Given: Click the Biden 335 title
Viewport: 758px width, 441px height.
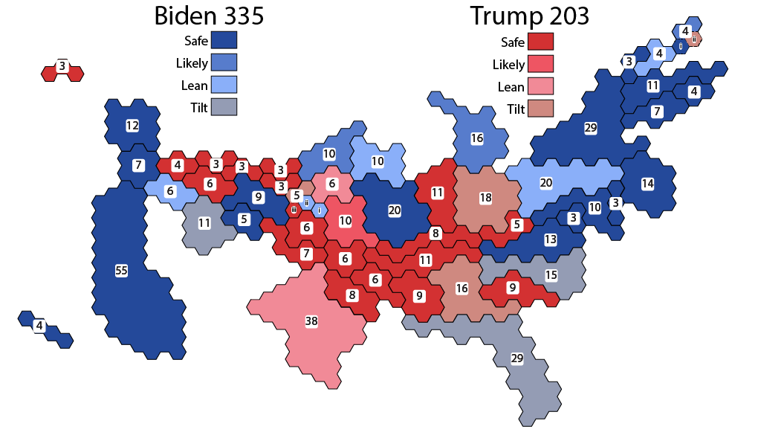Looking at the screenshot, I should pos(208,16).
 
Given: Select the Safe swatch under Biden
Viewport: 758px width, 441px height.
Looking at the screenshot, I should pos(224,40).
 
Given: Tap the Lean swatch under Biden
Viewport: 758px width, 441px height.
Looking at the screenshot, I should pos(224,85).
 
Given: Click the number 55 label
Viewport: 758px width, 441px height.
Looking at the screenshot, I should pos(121,271).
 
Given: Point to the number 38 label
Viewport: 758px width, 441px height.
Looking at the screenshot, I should pos(311,321).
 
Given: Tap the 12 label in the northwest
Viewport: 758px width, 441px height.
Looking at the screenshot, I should pos(132,126).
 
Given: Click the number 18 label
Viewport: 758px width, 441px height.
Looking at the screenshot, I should pos(486,198).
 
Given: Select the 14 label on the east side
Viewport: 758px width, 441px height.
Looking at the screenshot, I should pos(648,183).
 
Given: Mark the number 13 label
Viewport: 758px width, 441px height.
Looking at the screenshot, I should pos(550,239).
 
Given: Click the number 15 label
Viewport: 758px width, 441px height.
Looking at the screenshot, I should pos(551,275).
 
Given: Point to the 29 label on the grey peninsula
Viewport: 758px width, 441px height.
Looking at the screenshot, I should pos(517,358).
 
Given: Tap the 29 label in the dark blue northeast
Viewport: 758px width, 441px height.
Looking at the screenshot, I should pos(591,129).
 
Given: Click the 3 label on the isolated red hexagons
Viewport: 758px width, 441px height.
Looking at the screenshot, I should pos(62,66).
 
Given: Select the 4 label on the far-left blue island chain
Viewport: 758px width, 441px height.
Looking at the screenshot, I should pos(39,325).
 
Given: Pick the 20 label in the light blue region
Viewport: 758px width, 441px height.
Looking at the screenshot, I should pos(546,183).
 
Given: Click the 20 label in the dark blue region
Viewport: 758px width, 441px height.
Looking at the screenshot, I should pos(395,210).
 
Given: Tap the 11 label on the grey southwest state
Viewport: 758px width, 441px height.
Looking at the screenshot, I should pos(204,222).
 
